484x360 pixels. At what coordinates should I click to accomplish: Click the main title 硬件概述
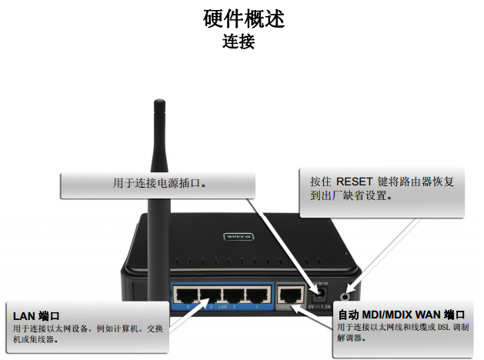243,18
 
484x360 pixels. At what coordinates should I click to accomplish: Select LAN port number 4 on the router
185,295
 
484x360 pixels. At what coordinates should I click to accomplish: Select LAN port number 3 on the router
208,295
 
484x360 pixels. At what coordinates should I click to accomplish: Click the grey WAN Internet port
290,293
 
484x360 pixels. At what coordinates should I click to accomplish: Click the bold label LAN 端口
36,316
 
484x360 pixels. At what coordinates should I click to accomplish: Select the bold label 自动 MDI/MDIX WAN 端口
401,315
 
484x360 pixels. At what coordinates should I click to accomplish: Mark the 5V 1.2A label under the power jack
319,307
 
